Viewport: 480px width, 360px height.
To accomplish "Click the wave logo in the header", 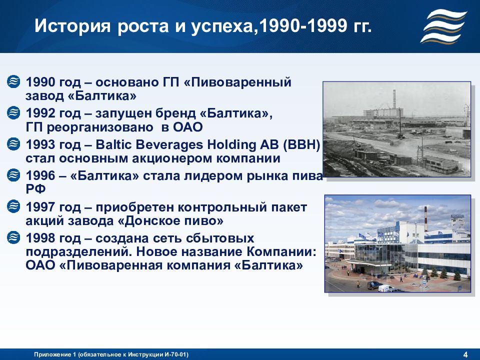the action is coord(443,26).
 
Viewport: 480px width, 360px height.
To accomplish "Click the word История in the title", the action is coord(72,25).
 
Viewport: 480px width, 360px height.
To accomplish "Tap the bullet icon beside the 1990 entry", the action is coord(13,81).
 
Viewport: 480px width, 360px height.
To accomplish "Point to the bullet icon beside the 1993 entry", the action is coord(13,144).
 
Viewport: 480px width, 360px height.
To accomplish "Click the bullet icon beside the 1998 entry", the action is coord(13,237).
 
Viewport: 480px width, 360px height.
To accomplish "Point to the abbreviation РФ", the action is coord(35,189).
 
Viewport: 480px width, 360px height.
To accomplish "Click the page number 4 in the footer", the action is coord(465,355).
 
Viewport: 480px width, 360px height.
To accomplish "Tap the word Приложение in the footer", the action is coord(52,355).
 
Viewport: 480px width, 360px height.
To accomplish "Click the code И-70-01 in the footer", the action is coord(175,354).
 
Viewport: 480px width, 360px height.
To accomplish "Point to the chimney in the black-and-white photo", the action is coord(394,99).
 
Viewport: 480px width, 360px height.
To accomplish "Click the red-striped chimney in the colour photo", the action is coord(425,218).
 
